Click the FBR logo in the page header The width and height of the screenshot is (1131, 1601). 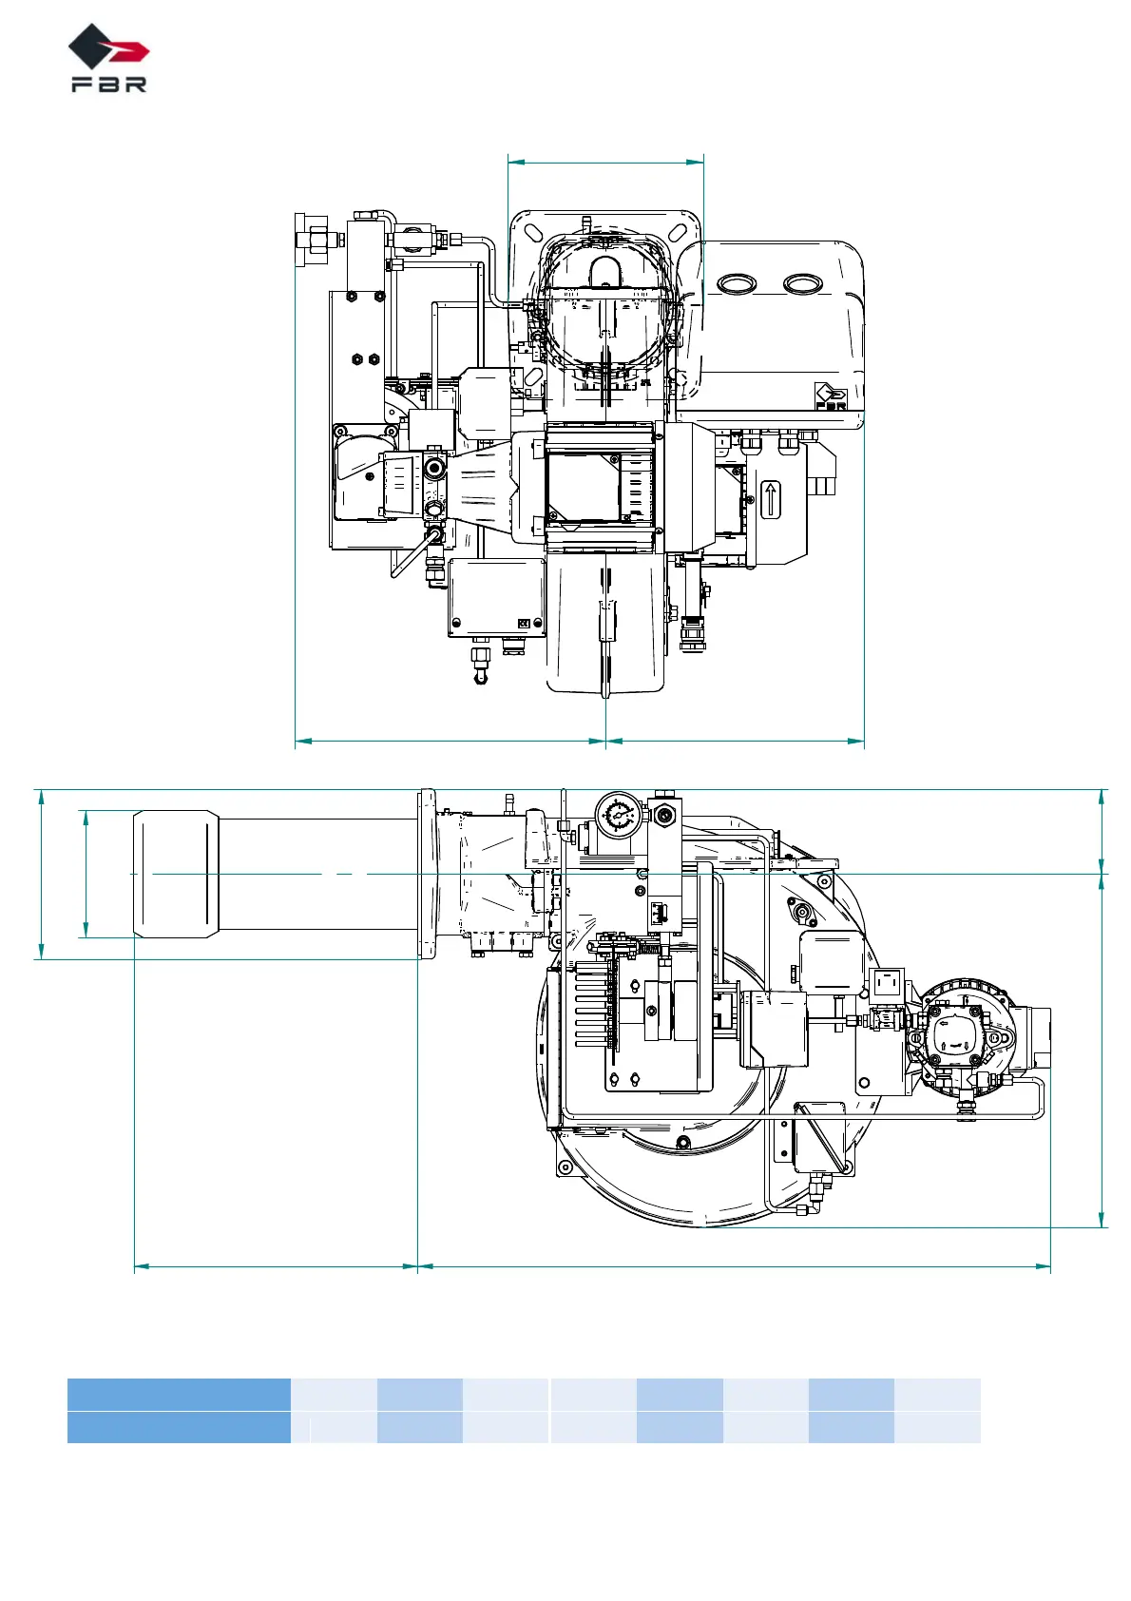pos(108,58)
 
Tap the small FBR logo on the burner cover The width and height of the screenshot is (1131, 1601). pos(831,396)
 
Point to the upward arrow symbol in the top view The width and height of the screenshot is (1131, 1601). pos(770,499)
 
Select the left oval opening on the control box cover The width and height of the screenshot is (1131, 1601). pos(738,283)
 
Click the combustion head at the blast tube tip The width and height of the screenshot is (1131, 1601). pos(176,874)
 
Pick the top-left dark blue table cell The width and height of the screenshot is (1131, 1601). pos(179,1395)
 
